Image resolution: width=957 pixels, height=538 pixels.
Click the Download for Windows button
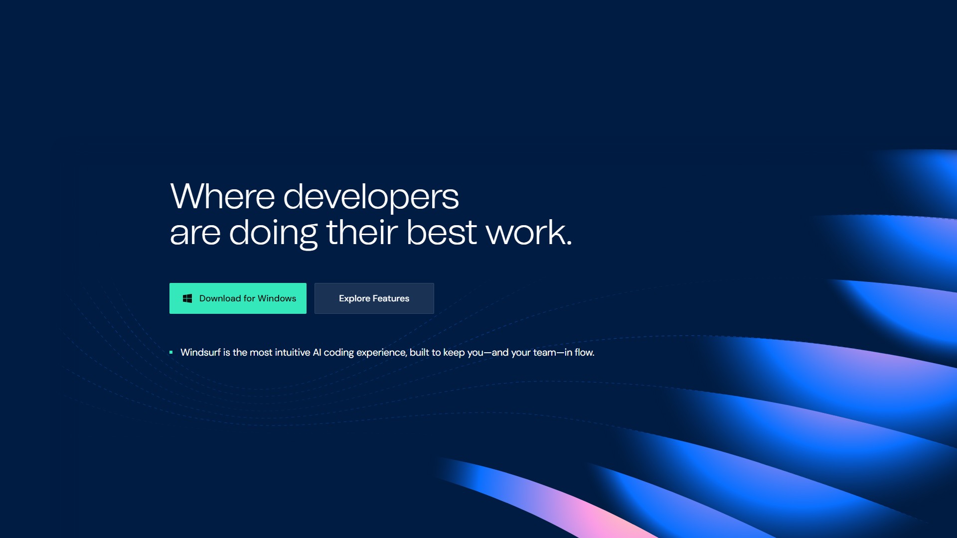pos(238,298)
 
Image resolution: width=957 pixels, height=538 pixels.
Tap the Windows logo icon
pos(187,298)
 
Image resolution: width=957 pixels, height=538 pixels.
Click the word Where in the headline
pos(222,196)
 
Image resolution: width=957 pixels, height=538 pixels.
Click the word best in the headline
pos(442,232)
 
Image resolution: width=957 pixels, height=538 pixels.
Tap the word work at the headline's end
pos(529,232)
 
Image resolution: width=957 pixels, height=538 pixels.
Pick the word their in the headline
pos(362,232)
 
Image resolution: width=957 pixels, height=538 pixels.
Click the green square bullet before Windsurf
pos(171,352)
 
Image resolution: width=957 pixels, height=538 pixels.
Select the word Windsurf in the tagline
pos(200,352)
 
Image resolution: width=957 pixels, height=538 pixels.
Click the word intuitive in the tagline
pos(293,352)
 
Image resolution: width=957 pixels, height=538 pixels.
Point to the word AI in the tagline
pos(317,352)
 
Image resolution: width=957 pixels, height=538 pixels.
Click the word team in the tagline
pos(545,353)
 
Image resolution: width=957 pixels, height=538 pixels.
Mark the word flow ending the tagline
pos(584,352)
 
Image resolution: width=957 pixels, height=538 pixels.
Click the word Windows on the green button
pos(277,298)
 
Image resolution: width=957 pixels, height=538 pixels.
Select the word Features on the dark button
pos(391,298)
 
